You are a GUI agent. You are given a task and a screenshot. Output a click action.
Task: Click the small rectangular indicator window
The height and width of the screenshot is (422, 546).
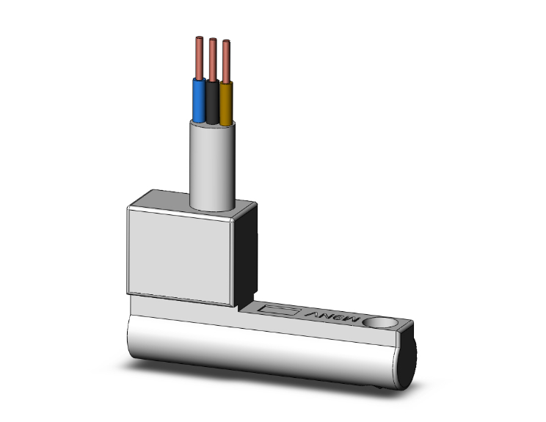click(280, 311)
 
